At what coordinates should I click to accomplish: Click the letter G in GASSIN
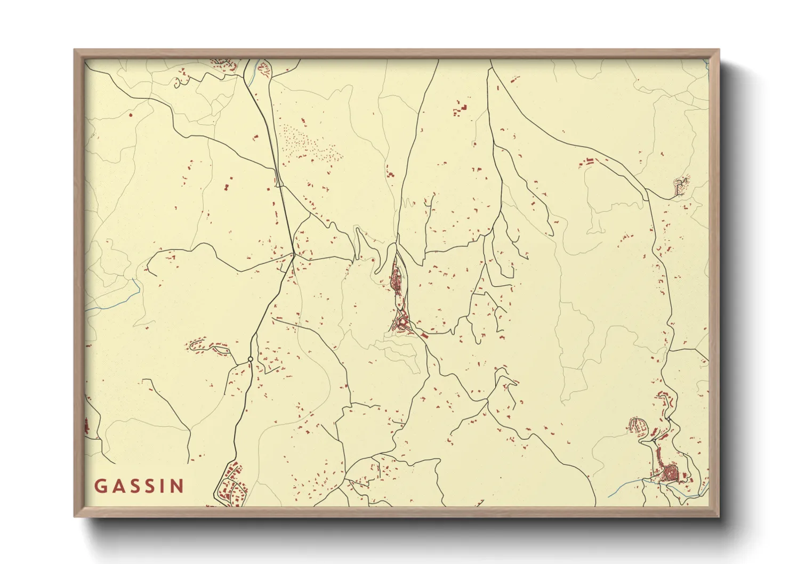[101, 486]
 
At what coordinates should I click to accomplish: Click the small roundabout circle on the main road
[250, 359]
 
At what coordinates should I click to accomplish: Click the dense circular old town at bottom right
[669, 472]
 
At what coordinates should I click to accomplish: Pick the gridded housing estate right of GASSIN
[231, 485]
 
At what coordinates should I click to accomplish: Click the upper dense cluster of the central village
[397, 279]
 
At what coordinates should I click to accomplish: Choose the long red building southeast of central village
[424, 336]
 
